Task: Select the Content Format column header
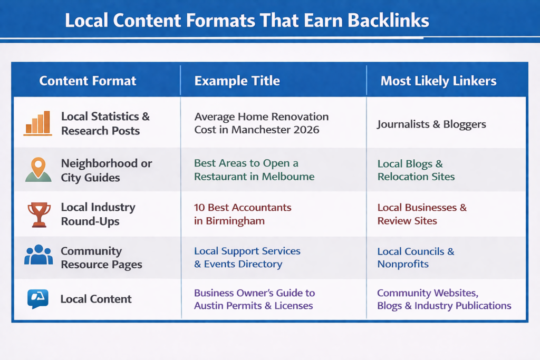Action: (88, 81)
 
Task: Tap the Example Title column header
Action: (237, 81)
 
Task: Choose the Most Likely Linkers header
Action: (438, 81)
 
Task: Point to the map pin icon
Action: (38, 169)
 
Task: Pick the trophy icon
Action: (38, 214)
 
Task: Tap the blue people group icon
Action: (38, 255)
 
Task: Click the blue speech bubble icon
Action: (38, 298)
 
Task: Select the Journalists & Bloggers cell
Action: (431, 124)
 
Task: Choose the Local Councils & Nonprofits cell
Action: (416, 258)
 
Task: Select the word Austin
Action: (209, 306)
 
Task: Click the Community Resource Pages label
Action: (101, 258)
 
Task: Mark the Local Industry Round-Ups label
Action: (98, 214)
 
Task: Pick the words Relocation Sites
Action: (416, 177)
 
